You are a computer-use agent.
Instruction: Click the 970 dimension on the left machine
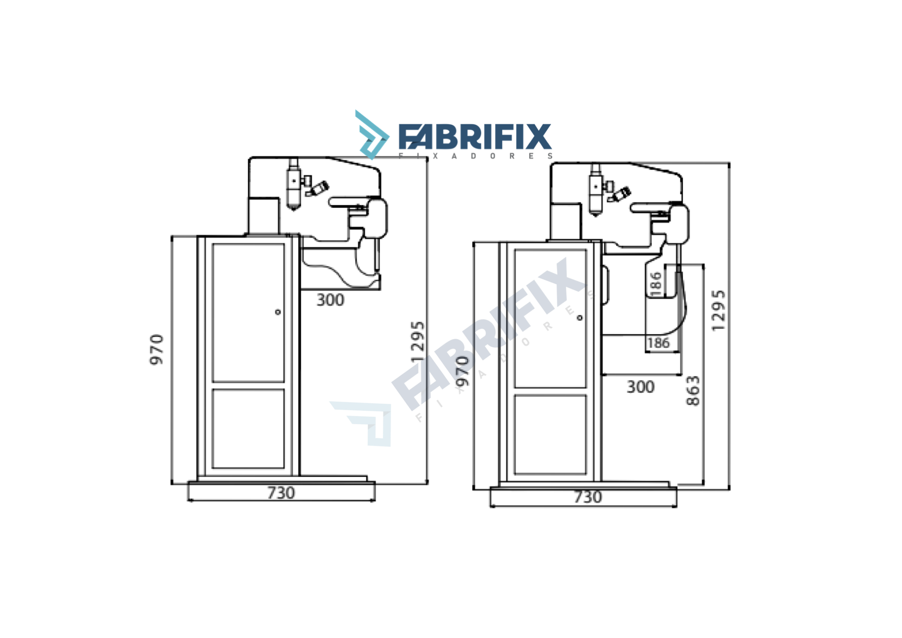pos(156,349)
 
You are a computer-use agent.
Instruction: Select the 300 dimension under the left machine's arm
pos(330,299)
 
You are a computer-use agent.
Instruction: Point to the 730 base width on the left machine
pos(281,493)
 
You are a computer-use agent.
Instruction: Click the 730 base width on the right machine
pos(587,497)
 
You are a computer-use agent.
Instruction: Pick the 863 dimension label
pos(693,391)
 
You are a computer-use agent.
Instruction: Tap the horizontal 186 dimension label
pos(658,343)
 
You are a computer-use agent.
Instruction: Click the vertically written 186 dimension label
pos(656,284)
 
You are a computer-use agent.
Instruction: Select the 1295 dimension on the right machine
pos(718,310)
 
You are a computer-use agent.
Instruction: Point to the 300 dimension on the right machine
pos(641,387)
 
